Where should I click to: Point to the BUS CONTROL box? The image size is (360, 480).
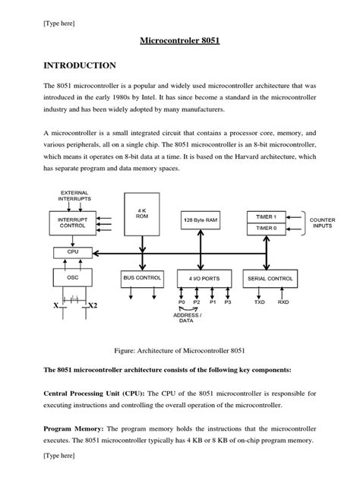[141, 278]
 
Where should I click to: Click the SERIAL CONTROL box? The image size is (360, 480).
[271, 278]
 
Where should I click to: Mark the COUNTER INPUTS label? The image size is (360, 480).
[322, 222]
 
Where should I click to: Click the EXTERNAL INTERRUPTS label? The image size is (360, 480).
[74, 195]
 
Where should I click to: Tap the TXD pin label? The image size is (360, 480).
[260, 302]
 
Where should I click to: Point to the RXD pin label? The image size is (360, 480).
[283, 302]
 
